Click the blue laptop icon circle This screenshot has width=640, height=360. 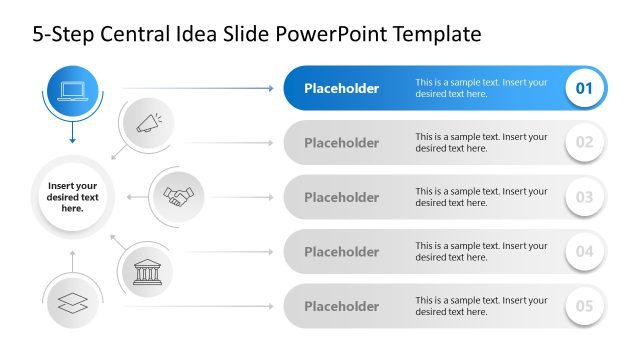(x=73, y=91)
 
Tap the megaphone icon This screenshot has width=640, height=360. (x=148, y=124)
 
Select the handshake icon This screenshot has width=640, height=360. (x=179, y=196)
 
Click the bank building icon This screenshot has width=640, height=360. (x=148, y=270)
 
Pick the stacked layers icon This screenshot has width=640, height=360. (x=73, y=304)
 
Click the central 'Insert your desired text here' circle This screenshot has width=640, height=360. (x=72, y=196)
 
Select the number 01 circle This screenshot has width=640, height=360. (x=585, y=88)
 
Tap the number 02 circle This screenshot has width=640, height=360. (x=585, y=142)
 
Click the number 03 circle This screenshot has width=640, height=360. (x=585, y=197)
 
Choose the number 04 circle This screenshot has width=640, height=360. (x=585, y=251)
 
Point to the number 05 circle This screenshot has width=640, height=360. (x=585, y=306)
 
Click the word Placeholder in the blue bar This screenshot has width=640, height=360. (x=341, y=88)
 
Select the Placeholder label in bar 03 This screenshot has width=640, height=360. (x=341, y=197)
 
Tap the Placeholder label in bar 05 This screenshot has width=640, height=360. (x=341, y=306)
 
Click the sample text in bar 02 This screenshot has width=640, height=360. (x=481, y=142)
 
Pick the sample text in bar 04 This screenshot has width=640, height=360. (x=481, y=251)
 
